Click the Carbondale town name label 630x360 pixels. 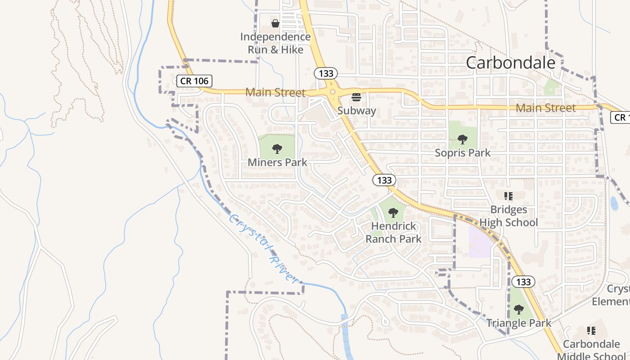click(x=510, y=63)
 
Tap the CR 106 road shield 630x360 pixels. click(x=194, y=81)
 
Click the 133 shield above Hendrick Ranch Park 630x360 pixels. click(x=384, y=180)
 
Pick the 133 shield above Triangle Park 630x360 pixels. click(x=523, y=282)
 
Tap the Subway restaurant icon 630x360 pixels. click(x=356, y=97)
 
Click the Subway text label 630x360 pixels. click(x=356, y=111)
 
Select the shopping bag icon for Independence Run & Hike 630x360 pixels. click(x=275, y=23)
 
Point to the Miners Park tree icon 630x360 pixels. click(x=277, y=148)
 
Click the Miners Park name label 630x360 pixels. click(x=277, y=162)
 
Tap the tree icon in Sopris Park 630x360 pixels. click(x=462, y=139)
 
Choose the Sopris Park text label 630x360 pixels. click(x=463, y=153)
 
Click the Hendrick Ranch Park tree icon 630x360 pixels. click(x=393, y=212)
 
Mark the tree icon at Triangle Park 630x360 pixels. click(x=518, y=310)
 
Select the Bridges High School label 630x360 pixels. click(x=508, y=216)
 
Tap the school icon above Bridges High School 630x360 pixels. click(x=508, y=196)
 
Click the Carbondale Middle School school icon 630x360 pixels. click(x=591, y=331)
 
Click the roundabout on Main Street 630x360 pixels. click(x=333, y=92)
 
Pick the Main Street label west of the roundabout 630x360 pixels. click(x=275, y=93)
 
